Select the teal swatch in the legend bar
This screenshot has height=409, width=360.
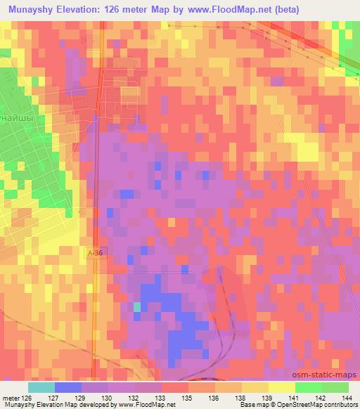pyautogui.click(x=41, y=387)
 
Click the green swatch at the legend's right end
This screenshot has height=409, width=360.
pyautogui.click(x=335, y=387)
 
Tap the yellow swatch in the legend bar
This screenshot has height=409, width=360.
pyautogui.click(x=281, y=387)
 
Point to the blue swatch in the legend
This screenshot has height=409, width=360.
pyautogui.click(x=68, y=387)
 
